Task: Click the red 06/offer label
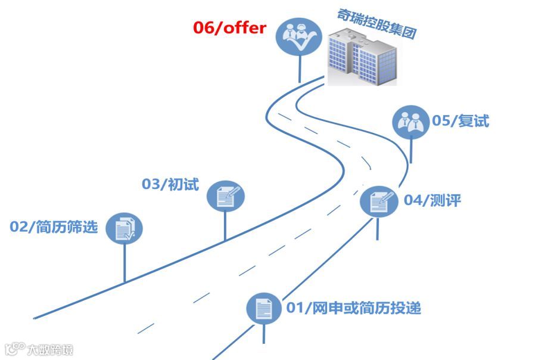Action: coord(229,28)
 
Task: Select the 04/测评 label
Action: coord(433,200)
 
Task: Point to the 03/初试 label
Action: coord(170,184)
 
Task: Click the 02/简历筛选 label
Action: coord(54,227)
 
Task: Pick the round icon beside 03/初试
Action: coord(226,195)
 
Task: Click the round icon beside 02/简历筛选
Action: coord(125,229)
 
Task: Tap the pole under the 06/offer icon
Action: coord(299,69)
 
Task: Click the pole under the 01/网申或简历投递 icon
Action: coord(264,334)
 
